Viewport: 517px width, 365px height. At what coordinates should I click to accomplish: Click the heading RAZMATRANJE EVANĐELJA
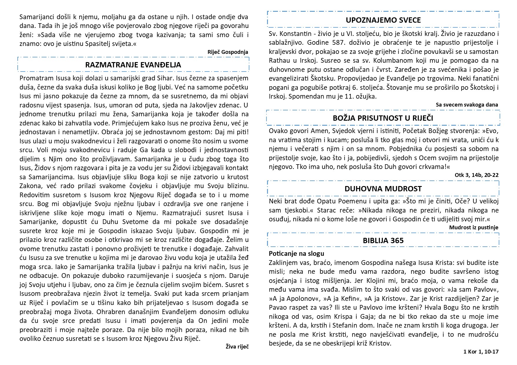coord(133,65)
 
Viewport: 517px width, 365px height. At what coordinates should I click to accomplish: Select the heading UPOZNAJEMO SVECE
coord(383,20)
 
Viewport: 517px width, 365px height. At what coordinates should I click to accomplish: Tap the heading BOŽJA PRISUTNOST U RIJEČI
coord(383,118)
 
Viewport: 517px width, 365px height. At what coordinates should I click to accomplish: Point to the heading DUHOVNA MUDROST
coord(383,189)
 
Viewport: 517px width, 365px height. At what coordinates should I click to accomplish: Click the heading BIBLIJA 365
coord(383,240)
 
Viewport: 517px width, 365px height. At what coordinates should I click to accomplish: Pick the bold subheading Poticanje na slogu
coord(296,253)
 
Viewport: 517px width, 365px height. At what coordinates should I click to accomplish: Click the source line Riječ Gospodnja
coord(228,52)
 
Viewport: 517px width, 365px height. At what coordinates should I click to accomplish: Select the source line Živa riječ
coord(237,346)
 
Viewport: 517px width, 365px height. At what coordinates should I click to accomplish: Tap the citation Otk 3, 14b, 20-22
coord(476,175)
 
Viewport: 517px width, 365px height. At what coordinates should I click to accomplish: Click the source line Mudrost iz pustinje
coord(473,227)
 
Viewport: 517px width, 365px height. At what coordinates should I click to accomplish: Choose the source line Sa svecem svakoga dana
coord(467,104)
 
